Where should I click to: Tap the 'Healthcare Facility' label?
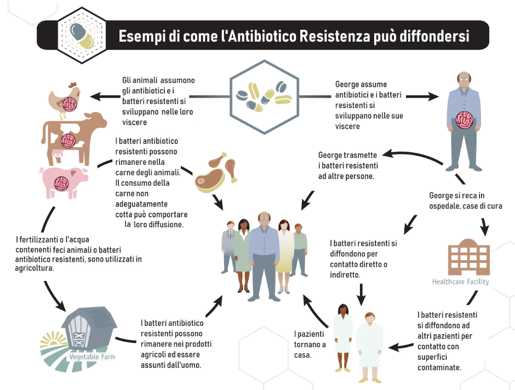click(460, 282)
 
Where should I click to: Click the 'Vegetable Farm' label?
click(91, 357)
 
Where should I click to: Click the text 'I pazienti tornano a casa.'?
click(310, 344)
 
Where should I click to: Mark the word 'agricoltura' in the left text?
click(35, 268)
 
